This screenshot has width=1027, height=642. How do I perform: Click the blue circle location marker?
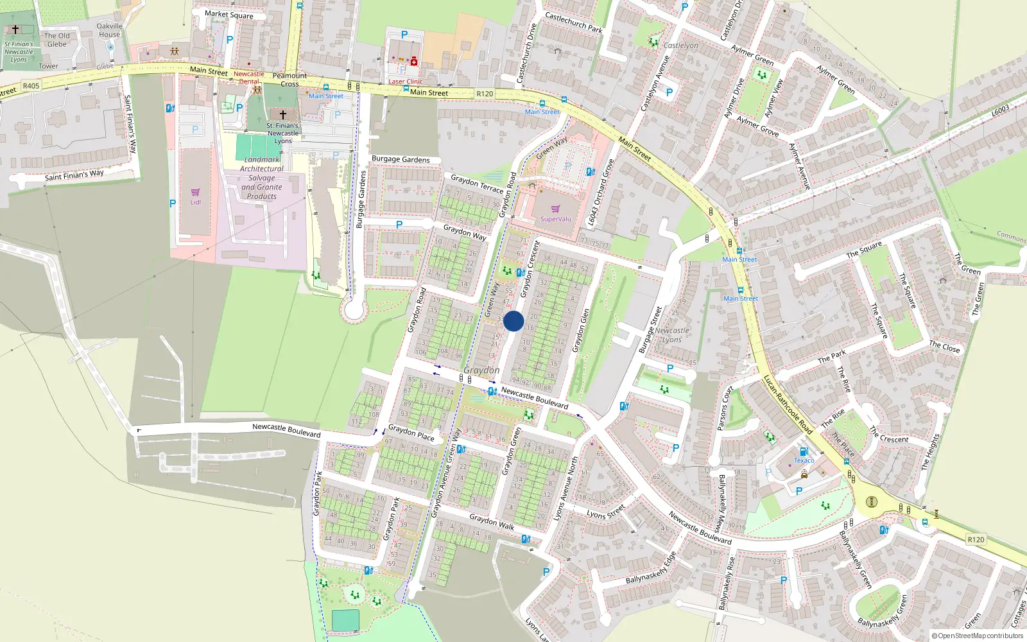[513, 321]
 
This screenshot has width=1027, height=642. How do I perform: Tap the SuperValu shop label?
[555, 219]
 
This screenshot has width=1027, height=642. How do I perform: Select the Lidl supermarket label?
[195, 202]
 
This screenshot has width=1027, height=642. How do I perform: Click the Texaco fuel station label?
[804, 460]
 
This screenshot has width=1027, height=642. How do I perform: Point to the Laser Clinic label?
[406, 82]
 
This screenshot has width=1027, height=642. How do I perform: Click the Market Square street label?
[229, 14]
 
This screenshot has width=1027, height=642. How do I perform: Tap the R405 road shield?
[31, 85]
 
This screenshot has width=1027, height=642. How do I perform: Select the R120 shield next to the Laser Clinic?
[485, 94]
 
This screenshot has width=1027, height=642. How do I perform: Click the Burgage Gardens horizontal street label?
[401, 159]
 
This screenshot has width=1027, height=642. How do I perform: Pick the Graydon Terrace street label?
[477, 184]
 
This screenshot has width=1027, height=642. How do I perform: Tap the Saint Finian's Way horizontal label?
[74, 175]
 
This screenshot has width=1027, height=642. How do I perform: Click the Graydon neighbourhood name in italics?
[481, 370]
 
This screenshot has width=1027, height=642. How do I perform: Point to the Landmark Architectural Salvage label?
[261, 178]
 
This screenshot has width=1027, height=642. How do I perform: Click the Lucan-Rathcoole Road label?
[788, 405]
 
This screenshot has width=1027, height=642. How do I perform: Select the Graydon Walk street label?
[492, 521]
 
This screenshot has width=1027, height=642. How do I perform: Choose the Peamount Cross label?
[289, 80]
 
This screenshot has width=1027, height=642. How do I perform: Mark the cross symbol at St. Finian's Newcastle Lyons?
[282, 114]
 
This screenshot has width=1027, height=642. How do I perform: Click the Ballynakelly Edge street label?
[651, 568]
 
